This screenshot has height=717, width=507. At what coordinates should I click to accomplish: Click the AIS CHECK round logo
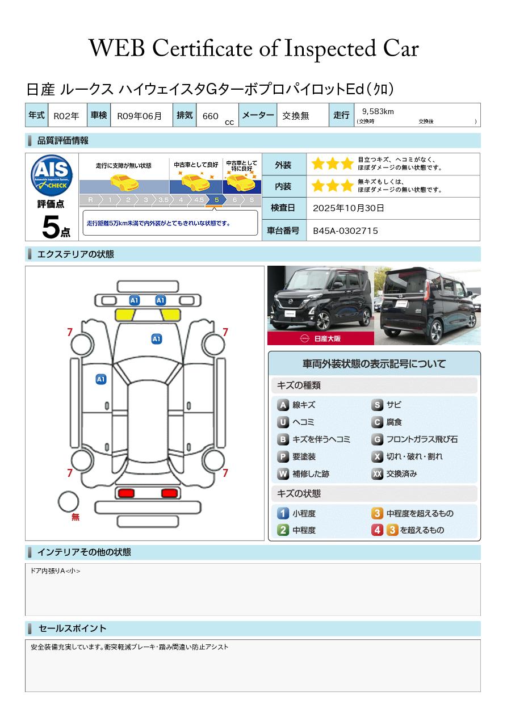pos(52,175)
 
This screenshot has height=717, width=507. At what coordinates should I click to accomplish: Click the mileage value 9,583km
pos(378,111)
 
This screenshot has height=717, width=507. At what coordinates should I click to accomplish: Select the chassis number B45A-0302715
pos(345,231)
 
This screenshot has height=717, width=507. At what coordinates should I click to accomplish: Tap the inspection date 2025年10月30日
pos(348,208)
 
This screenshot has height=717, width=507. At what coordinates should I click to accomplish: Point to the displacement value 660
pos(210,116)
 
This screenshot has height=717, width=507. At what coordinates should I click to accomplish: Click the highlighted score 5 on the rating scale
pos(217,200)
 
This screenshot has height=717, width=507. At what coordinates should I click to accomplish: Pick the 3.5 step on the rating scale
pos(164,200)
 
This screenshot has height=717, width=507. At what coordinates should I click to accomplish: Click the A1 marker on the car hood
pos(156,339)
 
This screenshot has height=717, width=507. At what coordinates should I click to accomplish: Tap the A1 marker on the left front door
pos(101,379)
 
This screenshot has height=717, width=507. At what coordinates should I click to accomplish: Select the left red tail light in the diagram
pos(126,493)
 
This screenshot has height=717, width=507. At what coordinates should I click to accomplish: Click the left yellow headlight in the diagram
pos(125,315)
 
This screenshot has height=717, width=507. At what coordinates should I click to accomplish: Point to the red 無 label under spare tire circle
pos(76,517)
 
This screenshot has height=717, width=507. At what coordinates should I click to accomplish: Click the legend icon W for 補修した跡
pos(283,473)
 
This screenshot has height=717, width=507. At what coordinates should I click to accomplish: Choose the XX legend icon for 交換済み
pos(378,473)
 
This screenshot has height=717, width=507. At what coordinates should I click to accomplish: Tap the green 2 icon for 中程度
pos(283,530)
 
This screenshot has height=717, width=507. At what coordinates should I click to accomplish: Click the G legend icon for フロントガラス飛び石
pos(378,439)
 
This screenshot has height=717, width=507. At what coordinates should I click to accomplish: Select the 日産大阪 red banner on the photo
pos(320,338)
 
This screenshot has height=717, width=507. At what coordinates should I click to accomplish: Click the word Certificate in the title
pos(202,48)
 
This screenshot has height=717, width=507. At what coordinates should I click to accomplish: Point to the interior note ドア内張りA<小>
pos(55,571)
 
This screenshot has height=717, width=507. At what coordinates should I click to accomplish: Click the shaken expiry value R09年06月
pos(139,116)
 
